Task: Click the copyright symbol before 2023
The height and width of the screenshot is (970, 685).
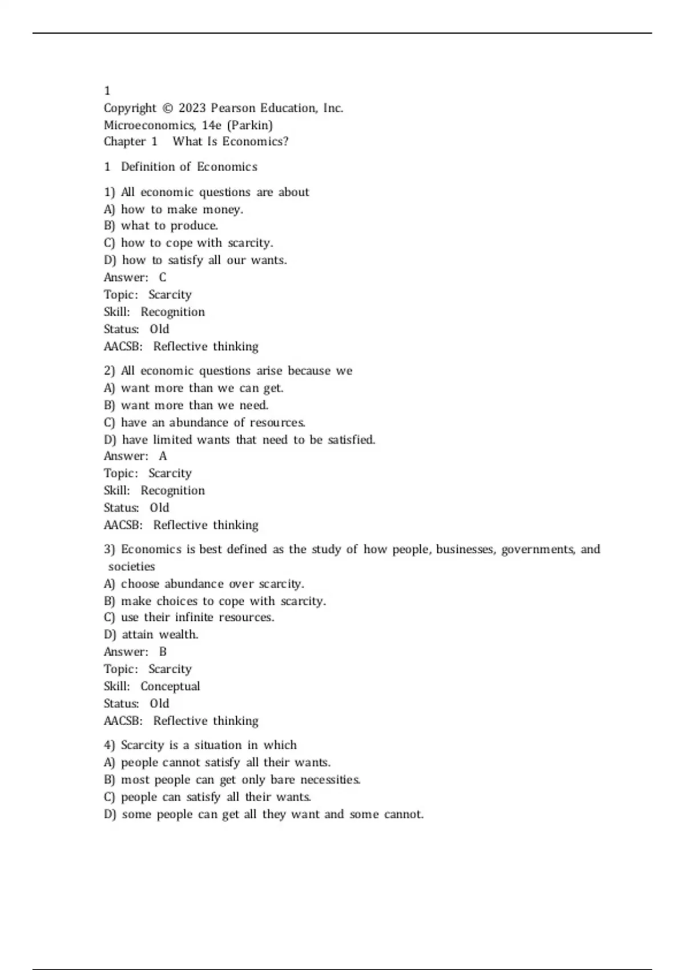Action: pyautogui.click(x=167, y=108)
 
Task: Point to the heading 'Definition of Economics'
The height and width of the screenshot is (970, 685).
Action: pyautogui.click(x=189, y=167)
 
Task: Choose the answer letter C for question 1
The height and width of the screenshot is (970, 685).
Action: pyautogui.click(x=163, y=277)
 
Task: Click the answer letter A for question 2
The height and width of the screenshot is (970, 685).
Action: pyautogui.click(x=163, y=456)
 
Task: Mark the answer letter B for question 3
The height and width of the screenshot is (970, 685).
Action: pyautogui.click(x=163, y=652)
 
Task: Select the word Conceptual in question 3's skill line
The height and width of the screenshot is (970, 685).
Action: pyautogui.click(x=170, y=686)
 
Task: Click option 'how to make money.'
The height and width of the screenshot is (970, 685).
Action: pyautogui.click(x=182, y=209)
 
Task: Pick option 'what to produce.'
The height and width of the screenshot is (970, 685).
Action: pyautogui.click(x=169, y=225)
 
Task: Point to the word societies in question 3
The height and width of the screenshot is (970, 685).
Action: pyautogui.click(x=131, y=567)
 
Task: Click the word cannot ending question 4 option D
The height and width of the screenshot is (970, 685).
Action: pyautogui.click(x=404, y=814)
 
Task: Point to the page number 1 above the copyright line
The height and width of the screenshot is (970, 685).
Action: pyautogui.click(x=107, y=91)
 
